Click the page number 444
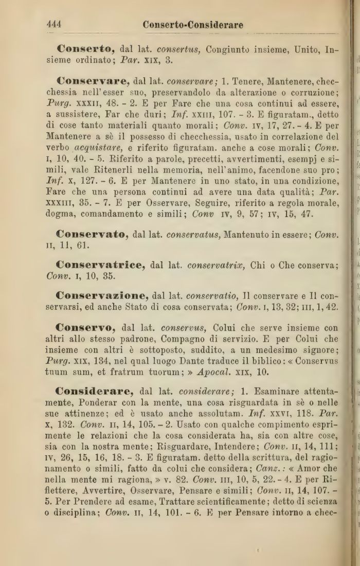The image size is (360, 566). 54,24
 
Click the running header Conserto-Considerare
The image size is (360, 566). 193,24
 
